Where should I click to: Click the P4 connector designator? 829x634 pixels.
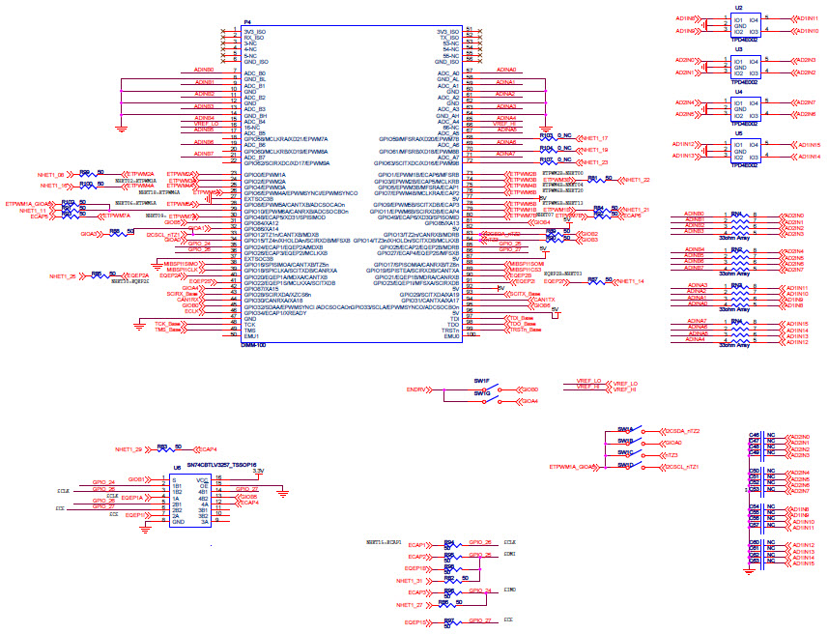point(248,21)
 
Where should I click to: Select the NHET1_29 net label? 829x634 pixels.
point(129,449)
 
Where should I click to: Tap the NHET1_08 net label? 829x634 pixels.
point(51,173)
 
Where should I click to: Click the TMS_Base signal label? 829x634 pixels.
point(168,331)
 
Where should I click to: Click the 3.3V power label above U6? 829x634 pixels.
point(258,471)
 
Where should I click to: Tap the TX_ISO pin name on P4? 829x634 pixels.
point(448,38)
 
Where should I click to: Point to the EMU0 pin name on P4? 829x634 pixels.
point(451,335)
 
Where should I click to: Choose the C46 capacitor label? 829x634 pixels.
point(755,436)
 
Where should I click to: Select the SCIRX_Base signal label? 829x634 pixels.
point(183,293)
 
